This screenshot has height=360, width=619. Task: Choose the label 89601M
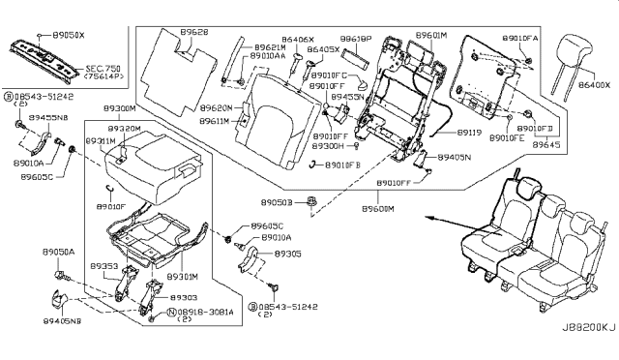coord(431,35)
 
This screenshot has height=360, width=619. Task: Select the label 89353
coord(103,263)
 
